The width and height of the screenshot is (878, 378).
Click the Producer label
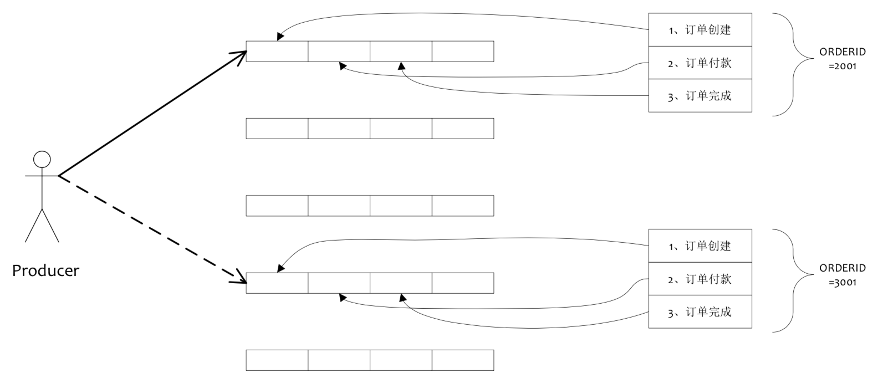45,270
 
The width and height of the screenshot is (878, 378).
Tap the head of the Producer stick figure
42,159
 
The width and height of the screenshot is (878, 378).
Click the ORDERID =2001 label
842,58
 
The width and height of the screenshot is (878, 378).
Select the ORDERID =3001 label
842,274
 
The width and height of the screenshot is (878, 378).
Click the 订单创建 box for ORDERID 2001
700,30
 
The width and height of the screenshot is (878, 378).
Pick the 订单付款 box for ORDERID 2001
700,63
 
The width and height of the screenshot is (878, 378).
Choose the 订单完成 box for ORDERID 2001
700,95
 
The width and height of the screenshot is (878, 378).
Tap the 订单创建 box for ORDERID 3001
700,246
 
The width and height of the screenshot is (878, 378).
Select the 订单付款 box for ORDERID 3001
700,279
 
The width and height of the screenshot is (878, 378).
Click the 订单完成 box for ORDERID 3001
700,311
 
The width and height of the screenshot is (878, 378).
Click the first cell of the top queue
277,52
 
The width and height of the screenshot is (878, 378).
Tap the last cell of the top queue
463,52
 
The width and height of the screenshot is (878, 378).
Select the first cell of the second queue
277,129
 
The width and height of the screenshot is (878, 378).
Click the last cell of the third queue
463,206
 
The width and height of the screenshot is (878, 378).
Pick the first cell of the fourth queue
277,283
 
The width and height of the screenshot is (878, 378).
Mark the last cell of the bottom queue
463,360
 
